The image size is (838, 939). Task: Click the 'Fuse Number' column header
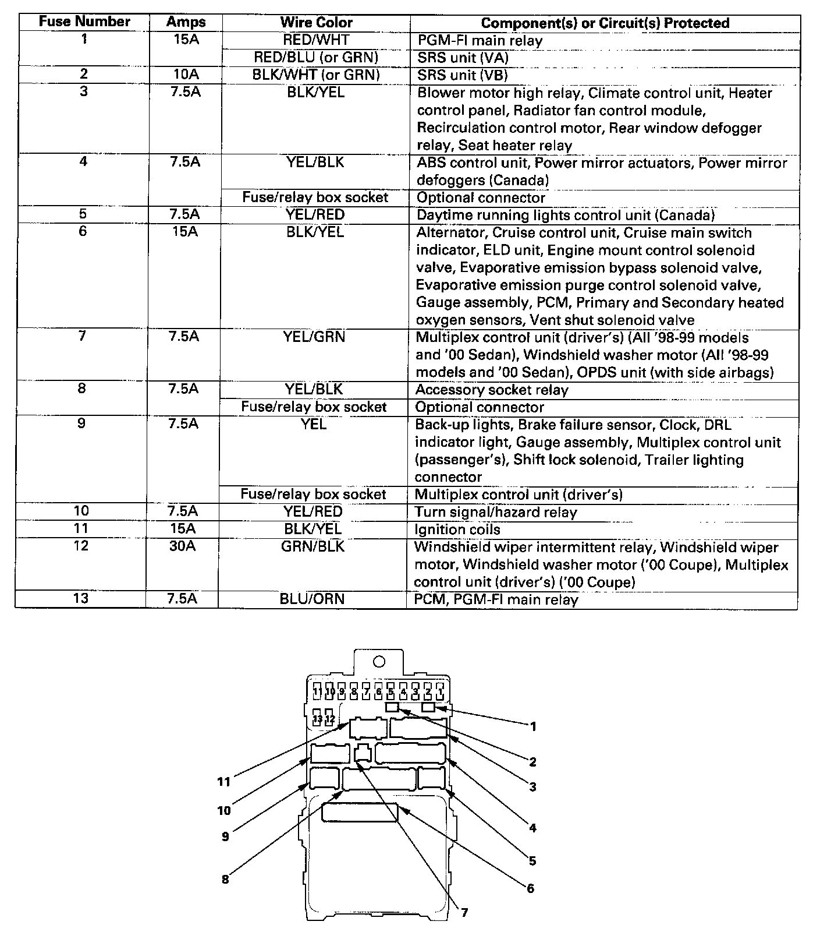tap(84, 22)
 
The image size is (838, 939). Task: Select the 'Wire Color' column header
tap(316, 23)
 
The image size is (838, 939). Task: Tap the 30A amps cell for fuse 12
tap(183, 546)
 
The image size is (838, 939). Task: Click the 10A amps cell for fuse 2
tap(186, 75)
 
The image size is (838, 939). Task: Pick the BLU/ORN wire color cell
tap(312, 599)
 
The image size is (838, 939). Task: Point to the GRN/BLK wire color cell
tap(313, 546)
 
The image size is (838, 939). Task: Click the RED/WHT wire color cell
tap(316, 40)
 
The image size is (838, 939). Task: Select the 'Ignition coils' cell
tap(457, 529)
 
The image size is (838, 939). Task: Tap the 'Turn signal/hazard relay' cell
tap(495, 512)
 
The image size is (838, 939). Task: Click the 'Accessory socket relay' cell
tap(492, 390)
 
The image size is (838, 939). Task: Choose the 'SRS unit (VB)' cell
tap(462, 75)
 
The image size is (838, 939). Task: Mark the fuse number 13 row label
tap(81, 599)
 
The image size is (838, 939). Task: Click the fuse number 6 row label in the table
tap(83, 232)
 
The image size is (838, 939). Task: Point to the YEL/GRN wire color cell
tap(314, 337)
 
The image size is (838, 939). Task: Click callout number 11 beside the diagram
tap(224, 782)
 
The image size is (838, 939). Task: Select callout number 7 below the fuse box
tap(464, 913)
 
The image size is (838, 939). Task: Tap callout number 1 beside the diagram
tap(533, 726)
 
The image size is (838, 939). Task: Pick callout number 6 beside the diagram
tap(530, 888)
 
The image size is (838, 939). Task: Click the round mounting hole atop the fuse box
tap(379, 662)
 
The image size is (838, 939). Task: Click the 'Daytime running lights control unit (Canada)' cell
tap(565, 215)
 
